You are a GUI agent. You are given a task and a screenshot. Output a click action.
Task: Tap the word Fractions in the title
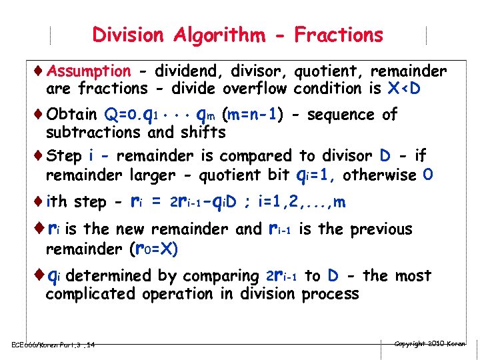339,35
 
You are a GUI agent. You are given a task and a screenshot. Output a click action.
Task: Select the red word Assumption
89,71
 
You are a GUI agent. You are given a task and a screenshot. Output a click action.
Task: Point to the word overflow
255,88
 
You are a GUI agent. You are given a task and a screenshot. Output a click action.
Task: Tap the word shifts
203,132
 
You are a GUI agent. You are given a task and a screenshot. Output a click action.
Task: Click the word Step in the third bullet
65,156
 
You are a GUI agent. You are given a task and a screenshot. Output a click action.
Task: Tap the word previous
374,229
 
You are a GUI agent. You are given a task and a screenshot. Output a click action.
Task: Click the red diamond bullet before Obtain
40,114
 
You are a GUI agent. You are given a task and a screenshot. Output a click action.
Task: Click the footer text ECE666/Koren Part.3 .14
53,345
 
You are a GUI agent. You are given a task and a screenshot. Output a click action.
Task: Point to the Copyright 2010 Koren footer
429,343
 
